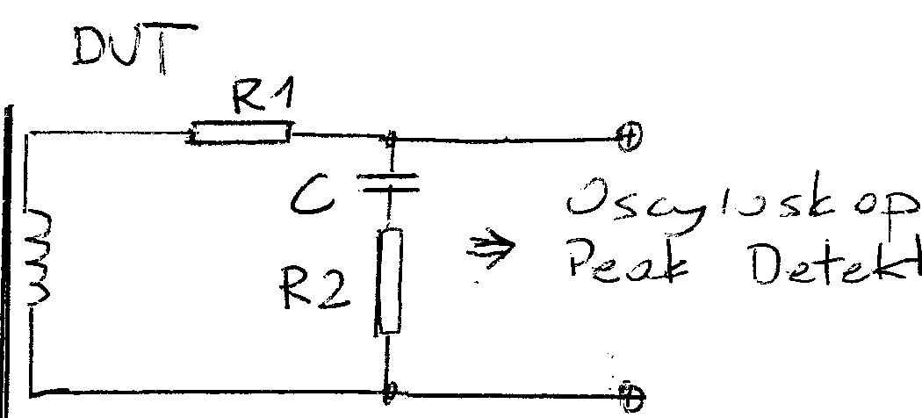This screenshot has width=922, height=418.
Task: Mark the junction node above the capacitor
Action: coord(392,138)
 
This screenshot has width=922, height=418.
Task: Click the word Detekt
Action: coord(825,267)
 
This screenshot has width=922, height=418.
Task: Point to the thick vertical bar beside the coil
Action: coord(11,255)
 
